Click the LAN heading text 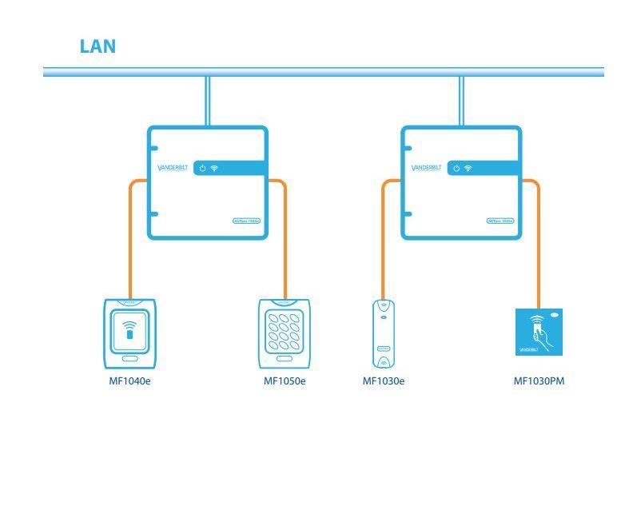98,46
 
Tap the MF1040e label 129,381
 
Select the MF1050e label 285,381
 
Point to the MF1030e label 384,381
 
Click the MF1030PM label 539,381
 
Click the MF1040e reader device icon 129,333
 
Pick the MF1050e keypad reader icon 284,333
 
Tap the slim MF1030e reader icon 384,333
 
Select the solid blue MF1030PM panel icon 539,332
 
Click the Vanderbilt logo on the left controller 173,168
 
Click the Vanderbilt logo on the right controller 426,168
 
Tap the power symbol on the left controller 203,168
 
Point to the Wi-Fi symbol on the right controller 468,168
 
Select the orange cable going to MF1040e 130,240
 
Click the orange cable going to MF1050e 285,240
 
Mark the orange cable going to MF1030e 384,240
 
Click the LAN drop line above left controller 207,101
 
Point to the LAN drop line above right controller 461,101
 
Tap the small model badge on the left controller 246,221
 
